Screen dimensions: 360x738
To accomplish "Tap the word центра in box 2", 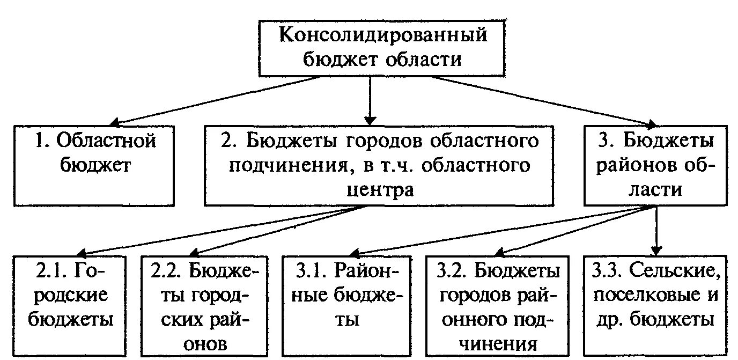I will pyautogui.click(x=378, y=189).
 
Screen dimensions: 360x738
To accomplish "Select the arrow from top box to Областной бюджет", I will pyautogui.click(x=215, y=100).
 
